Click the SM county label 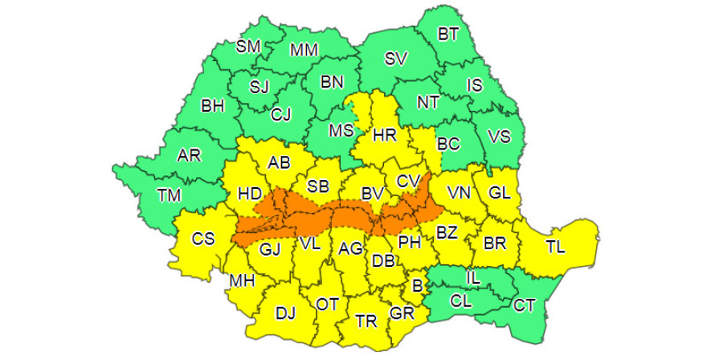[248, 47]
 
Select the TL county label [555, 247]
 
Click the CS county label [202, 239]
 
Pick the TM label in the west [169, 194]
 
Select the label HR [386, 136]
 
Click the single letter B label [417, 284]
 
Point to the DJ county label [285, 313]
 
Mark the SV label [396, 59]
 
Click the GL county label [499, 193]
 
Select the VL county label [309, 242]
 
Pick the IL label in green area [473, 278]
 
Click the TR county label [366, 321]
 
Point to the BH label [213, 105]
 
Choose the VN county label [460, 193]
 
